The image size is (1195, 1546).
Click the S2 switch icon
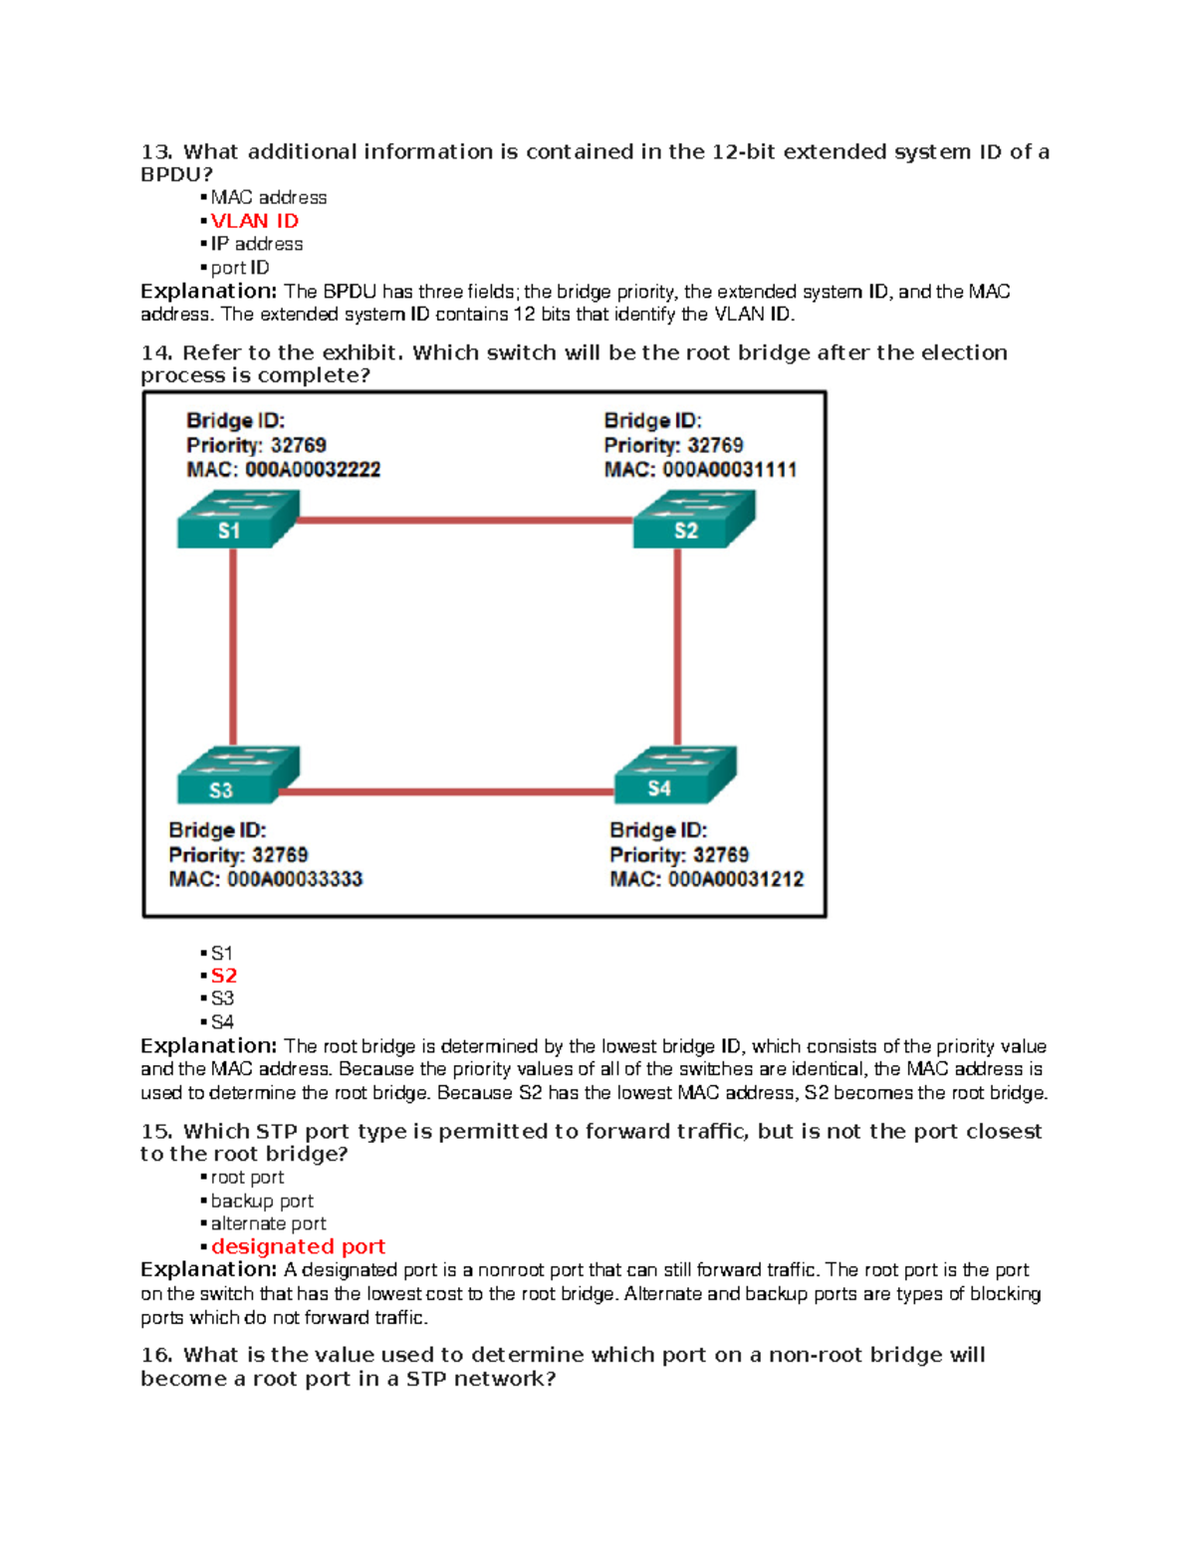point(693,520)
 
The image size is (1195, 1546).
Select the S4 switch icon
point(674,775)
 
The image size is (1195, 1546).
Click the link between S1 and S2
point(464,520)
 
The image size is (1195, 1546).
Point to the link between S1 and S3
point(233,647)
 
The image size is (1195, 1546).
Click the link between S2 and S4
point(677,647)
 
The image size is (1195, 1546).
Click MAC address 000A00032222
point(313,470)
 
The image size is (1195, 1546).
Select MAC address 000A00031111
point(730,470)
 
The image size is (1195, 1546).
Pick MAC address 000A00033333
point(295,880)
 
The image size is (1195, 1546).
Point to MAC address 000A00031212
point(736,880)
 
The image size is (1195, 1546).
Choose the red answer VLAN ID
point(254,221)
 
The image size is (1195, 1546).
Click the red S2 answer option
point(223,976)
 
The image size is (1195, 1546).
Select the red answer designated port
point(298,1246)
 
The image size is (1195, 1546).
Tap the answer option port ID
point(239,268)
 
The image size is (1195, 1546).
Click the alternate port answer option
point(268,1223)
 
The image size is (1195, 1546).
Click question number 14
point(156,352)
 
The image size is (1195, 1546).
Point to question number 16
point(156,1355)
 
